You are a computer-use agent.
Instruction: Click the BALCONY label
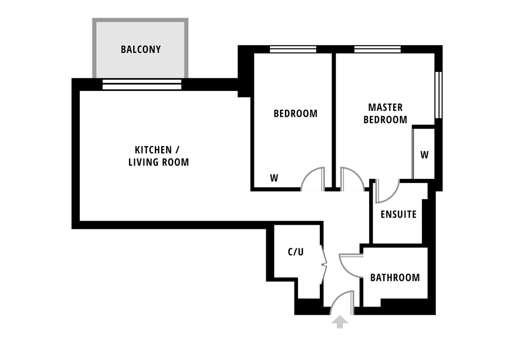pos(141,49)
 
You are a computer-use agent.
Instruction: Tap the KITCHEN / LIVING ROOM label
pos(158,156)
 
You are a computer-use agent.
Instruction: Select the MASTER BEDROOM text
pos(385,114)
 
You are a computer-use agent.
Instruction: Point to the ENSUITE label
pos(398,214)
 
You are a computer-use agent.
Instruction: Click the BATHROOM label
pos(395,278)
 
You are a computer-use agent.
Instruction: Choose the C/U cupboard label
pos(296,252)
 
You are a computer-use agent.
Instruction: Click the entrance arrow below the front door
pos(340,321)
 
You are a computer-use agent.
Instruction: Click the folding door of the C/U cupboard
pos(323,264)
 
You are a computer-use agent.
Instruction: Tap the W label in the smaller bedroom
pos(274,178)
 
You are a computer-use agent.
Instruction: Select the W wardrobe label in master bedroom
pos(425,155)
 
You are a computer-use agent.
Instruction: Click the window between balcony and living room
pos(142,84)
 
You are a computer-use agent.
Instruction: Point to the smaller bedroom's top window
pos(293,49)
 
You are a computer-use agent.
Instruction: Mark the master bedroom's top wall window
pos(378,49)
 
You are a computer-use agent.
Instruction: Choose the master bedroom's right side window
pos(438,95)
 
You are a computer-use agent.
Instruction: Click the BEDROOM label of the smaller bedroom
pos(296,114)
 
